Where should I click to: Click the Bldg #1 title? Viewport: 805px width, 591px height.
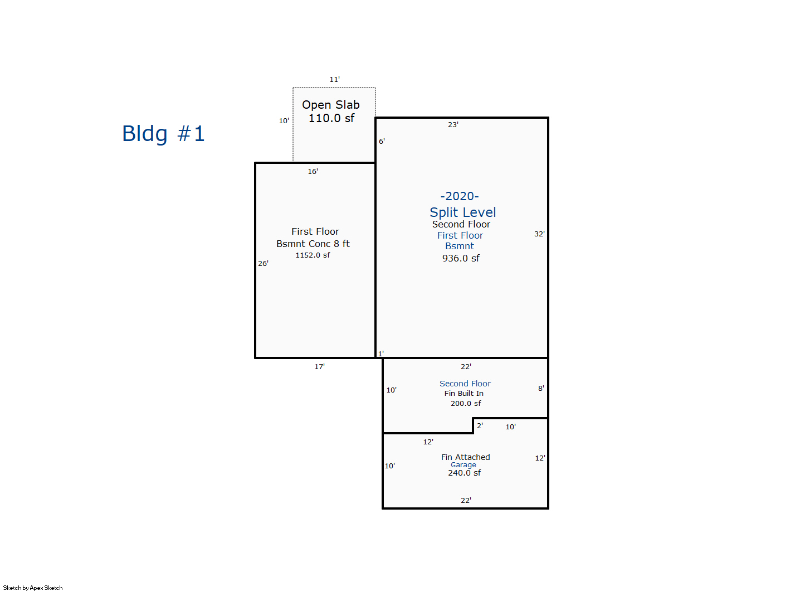163,134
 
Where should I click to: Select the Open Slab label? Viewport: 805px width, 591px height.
331,105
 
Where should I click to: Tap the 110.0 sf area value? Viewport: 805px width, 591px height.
331,118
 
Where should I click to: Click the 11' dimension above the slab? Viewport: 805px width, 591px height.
334,80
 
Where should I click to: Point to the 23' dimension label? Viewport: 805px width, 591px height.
453,125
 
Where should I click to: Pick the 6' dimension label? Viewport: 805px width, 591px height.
382,142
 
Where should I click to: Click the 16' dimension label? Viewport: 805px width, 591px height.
313,172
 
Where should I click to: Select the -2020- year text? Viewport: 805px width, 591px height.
460,196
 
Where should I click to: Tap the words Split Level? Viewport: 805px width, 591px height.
462,212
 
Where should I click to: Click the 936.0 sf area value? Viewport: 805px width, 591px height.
461,258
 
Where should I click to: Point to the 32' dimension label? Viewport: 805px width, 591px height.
539,234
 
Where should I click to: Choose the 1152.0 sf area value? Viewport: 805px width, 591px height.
313,255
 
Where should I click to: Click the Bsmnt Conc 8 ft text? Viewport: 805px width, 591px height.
313,244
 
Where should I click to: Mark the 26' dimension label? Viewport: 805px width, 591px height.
263,264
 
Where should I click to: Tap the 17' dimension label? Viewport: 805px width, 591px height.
319,367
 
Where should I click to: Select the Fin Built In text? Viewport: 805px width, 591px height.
464,394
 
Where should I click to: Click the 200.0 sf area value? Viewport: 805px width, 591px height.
466,404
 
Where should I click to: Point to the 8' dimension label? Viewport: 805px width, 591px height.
540,389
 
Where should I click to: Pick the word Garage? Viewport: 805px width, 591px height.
463,465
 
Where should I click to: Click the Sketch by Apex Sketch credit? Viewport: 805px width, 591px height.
33,588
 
